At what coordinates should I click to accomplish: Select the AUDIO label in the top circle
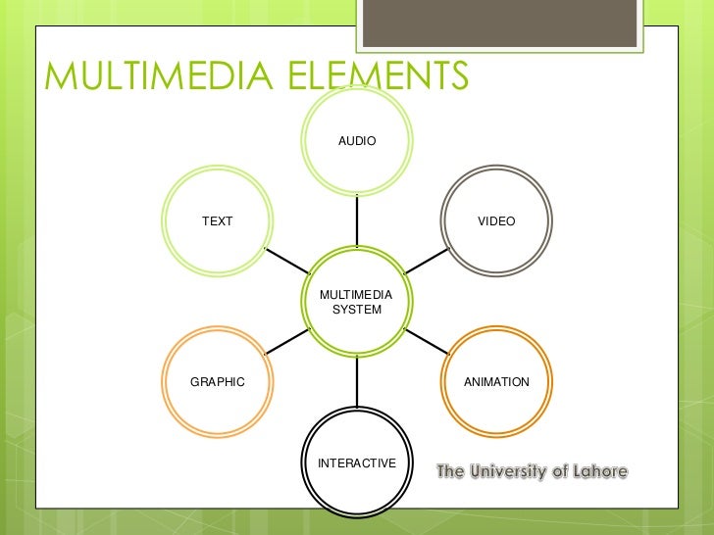point(357,142)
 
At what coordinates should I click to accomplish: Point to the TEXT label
point(218,221)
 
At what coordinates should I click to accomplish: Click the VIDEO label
point(496,221)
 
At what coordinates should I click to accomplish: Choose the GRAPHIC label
point(217,382)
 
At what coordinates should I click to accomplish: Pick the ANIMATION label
point(496,382)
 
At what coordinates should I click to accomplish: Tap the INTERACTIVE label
point(357,462)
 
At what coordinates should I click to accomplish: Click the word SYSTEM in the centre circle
point(357,310)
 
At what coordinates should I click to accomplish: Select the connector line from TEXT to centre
point(286,261)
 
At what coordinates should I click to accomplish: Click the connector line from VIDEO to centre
point(427,261)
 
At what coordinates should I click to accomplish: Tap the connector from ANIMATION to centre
point(427,341)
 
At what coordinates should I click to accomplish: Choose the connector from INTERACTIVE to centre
point(357,382)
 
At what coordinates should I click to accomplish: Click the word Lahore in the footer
point(598,472)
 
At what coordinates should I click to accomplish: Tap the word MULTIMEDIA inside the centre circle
point(357,295)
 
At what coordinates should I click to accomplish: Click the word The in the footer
point(450,472)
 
